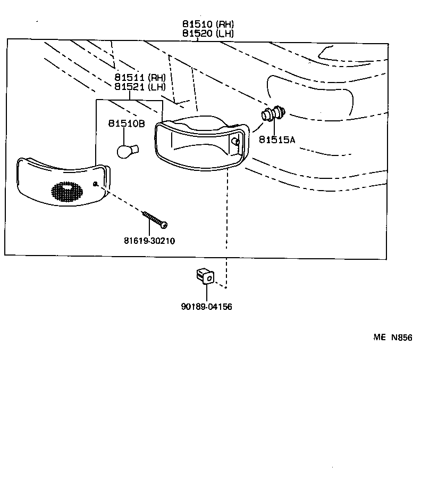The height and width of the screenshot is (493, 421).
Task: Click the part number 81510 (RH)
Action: [x=207, y=24]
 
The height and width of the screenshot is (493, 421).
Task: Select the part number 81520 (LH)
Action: [x=207, y=34]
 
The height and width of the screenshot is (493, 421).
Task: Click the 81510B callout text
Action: [x=127, y=124]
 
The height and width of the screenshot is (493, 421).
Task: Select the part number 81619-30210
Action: [x=149, y=241]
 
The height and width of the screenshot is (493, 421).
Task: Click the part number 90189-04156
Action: [x=207, y=307]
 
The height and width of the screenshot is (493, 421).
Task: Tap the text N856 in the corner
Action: [x=402, y=338]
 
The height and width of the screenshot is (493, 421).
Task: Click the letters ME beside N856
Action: [x=378, y=338]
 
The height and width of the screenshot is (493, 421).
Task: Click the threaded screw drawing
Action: [x=155, y=219]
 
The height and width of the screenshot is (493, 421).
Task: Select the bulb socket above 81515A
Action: [x=273, y=114]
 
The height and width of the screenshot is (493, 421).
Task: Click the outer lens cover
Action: [x=58, y=181]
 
